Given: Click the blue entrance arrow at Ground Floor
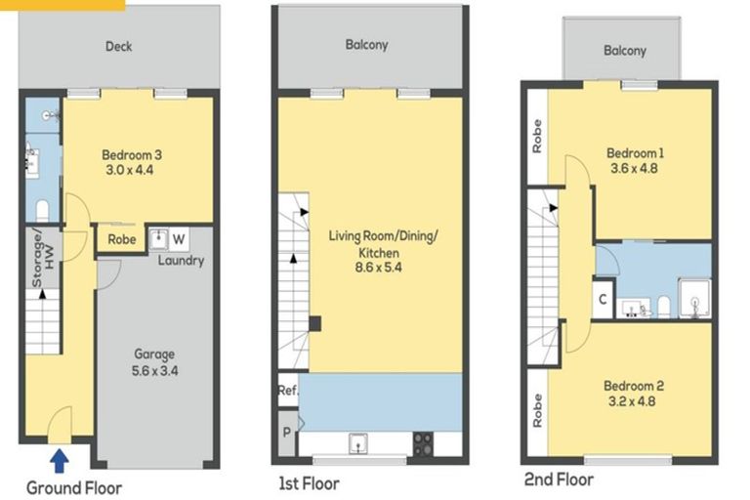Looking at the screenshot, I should click(60, 456).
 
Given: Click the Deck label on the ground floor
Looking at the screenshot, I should click(119, 46).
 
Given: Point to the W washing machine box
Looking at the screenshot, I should click(178, 238).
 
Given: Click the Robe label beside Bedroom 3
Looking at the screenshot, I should click(121, 238).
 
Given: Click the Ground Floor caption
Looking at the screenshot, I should click(74, 486).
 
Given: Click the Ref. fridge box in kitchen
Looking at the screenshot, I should click(287, 390).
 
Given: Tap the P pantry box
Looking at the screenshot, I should click(287, 430).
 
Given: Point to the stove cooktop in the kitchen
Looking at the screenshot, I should click(424, 444).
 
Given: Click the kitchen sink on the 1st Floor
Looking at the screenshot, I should click(359, 444).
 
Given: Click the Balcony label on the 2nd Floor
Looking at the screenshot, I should click(624, 51).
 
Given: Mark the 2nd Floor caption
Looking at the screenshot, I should click(558, 480).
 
